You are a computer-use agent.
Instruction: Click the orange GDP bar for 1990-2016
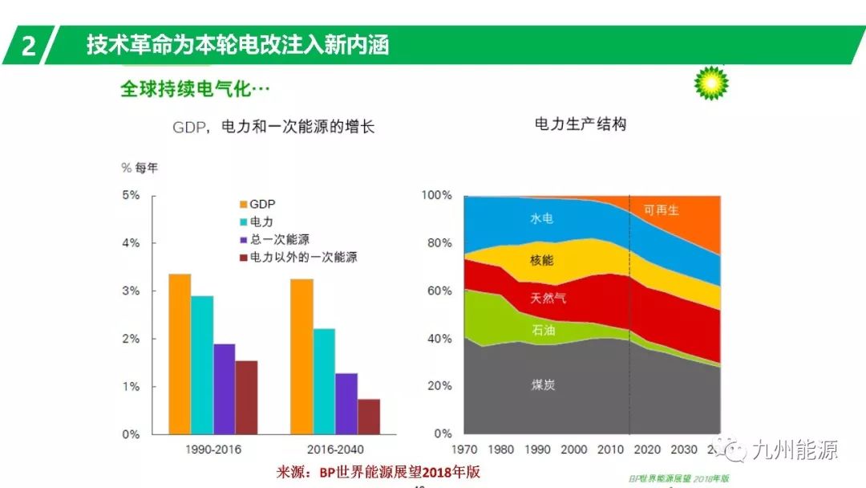pyautogui.click(x=180, y=354)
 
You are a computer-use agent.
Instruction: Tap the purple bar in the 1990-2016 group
pyautogui.click(x=225, y=389)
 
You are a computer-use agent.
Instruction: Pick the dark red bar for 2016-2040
pyautogui.click(x=369, y=417)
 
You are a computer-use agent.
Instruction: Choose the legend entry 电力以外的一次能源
pyautogui.click(x=297, y=258)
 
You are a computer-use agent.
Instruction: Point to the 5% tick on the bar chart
pyautogui.click(x=131, y=195)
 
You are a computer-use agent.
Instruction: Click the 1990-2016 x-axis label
pyautogui.click(x=212, y=449)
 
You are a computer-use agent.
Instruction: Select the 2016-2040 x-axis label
pyautogui.click(x=335, y=449)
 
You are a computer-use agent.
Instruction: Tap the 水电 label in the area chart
pyautogui.click(x=541, y=218)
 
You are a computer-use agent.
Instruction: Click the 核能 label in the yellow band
pyautogui.click(x=541, y=260)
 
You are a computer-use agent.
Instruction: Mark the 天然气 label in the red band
pyautogui.click(x=548, y=298)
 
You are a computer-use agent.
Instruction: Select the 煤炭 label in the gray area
pyautogui.click(x=543, y=384)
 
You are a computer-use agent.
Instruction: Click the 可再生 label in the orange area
pyautogui.click(x=662, y=210)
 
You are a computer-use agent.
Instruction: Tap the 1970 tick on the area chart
pyautogui.click(x=465, y=449)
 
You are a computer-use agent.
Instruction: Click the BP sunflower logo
pyautogui.click(x=711, y=83)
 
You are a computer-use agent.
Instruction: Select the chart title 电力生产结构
pyautogui.click(x=580, y=124)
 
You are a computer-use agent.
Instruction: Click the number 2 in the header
pyautogui.click(x=29, y=46)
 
